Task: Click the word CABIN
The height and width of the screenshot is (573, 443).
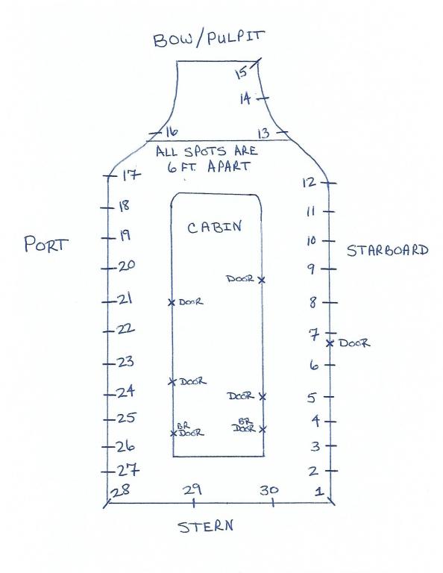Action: click(214, 227)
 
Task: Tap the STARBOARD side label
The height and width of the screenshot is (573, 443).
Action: click(387, 251)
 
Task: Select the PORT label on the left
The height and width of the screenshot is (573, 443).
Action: click(46, 244)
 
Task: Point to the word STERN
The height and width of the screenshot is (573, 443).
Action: click(206, 526)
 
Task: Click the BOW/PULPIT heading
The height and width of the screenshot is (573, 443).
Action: click(208, 39)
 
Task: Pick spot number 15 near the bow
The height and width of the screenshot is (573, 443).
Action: click(241, 72)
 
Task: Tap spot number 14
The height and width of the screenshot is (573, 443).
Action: click(245, 98)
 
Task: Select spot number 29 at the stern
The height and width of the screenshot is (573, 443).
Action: click(192, 489)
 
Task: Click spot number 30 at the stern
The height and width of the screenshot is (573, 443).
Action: click(269, 490)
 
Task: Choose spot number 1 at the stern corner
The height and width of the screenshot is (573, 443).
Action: click(319, 491)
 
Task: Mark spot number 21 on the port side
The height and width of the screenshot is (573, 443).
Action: click(125, 300)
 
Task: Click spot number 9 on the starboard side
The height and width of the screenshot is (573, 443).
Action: click(311, 269)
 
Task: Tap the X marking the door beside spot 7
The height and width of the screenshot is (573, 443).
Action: click(330, 343)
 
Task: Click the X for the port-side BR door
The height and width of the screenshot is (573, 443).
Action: click(174, 433)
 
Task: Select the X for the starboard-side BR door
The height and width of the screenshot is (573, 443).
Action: click(263, 429)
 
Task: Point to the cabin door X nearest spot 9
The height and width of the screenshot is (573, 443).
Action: click(262, 280)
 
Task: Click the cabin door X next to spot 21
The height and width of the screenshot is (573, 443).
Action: click(172, 302)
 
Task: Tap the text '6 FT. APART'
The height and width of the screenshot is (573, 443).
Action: click(209, 166)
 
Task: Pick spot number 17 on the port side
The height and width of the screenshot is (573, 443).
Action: click(131, 175)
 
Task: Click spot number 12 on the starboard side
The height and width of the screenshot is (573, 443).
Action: click(309, 182)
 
